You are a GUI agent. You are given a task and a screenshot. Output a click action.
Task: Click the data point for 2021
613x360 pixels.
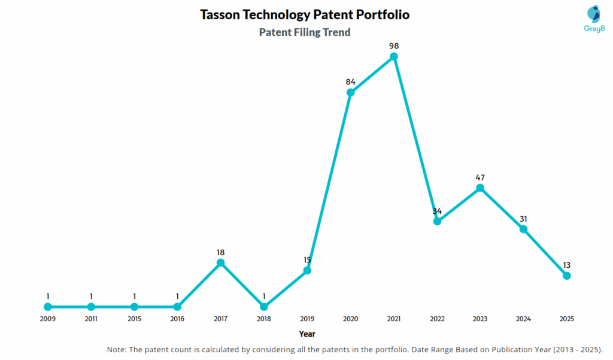[x=394, y=57]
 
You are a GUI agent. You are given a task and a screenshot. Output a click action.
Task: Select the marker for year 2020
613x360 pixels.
[x=350, y=93]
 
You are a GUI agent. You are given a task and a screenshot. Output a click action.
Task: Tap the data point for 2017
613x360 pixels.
[x=220, y=263]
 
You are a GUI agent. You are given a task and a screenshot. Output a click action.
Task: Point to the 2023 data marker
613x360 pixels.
[x=480, y=188]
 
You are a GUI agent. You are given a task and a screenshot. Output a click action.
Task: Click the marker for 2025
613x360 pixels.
[x=566, y=276]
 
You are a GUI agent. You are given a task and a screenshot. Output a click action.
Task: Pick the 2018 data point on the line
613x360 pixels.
[x=264, y=307]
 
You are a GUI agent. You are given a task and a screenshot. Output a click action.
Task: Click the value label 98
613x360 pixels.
[x=394, y=46]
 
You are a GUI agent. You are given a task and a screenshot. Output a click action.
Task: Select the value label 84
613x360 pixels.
[x=350, y=81]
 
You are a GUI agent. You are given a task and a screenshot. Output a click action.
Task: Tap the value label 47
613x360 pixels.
[x=480, y=177]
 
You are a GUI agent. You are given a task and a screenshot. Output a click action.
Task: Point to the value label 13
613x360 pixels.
[x=566, y=265]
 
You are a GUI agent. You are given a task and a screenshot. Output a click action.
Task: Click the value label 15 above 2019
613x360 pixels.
[x=307, y=259]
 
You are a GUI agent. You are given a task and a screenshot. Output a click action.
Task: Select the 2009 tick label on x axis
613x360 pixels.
[x=47, y=319]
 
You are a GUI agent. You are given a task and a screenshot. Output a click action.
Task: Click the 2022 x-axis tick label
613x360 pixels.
[x=437, y=319]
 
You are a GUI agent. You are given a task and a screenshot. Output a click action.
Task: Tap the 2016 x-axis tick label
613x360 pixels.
[x=177, y=319]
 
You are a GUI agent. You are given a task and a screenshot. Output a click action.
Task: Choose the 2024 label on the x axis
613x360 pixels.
[x=523, y=319]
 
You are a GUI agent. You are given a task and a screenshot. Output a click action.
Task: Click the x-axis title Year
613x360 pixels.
[x=307, y=334]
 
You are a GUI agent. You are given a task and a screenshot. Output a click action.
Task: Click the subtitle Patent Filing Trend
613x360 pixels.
[x=305, y=32]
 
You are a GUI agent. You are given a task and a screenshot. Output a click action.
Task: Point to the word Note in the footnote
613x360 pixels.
[x=117, y=349]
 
